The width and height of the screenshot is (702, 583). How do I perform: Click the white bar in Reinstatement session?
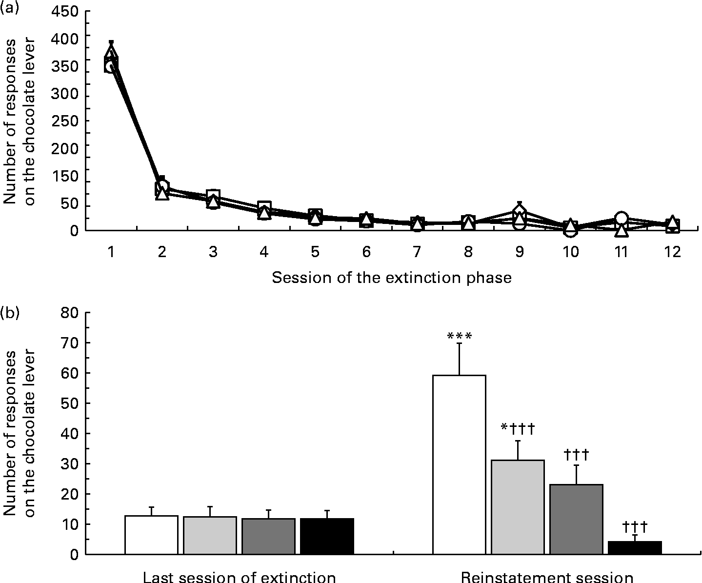[459, 464]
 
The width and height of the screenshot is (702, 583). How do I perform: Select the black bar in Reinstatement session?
[635, 547]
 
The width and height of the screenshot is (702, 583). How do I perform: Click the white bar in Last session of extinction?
[151, 535]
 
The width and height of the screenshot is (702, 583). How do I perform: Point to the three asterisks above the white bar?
[459, 336]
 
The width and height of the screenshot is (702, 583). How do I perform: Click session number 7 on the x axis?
[417, 252]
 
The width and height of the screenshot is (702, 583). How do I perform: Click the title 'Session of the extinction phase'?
[392, 278]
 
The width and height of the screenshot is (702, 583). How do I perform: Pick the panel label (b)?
[10, 312]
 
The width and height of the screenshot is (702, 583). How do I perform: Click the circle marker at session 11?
[621, 218]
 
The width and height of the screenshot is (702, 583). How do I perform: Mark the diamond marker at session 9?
[519, 211]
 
